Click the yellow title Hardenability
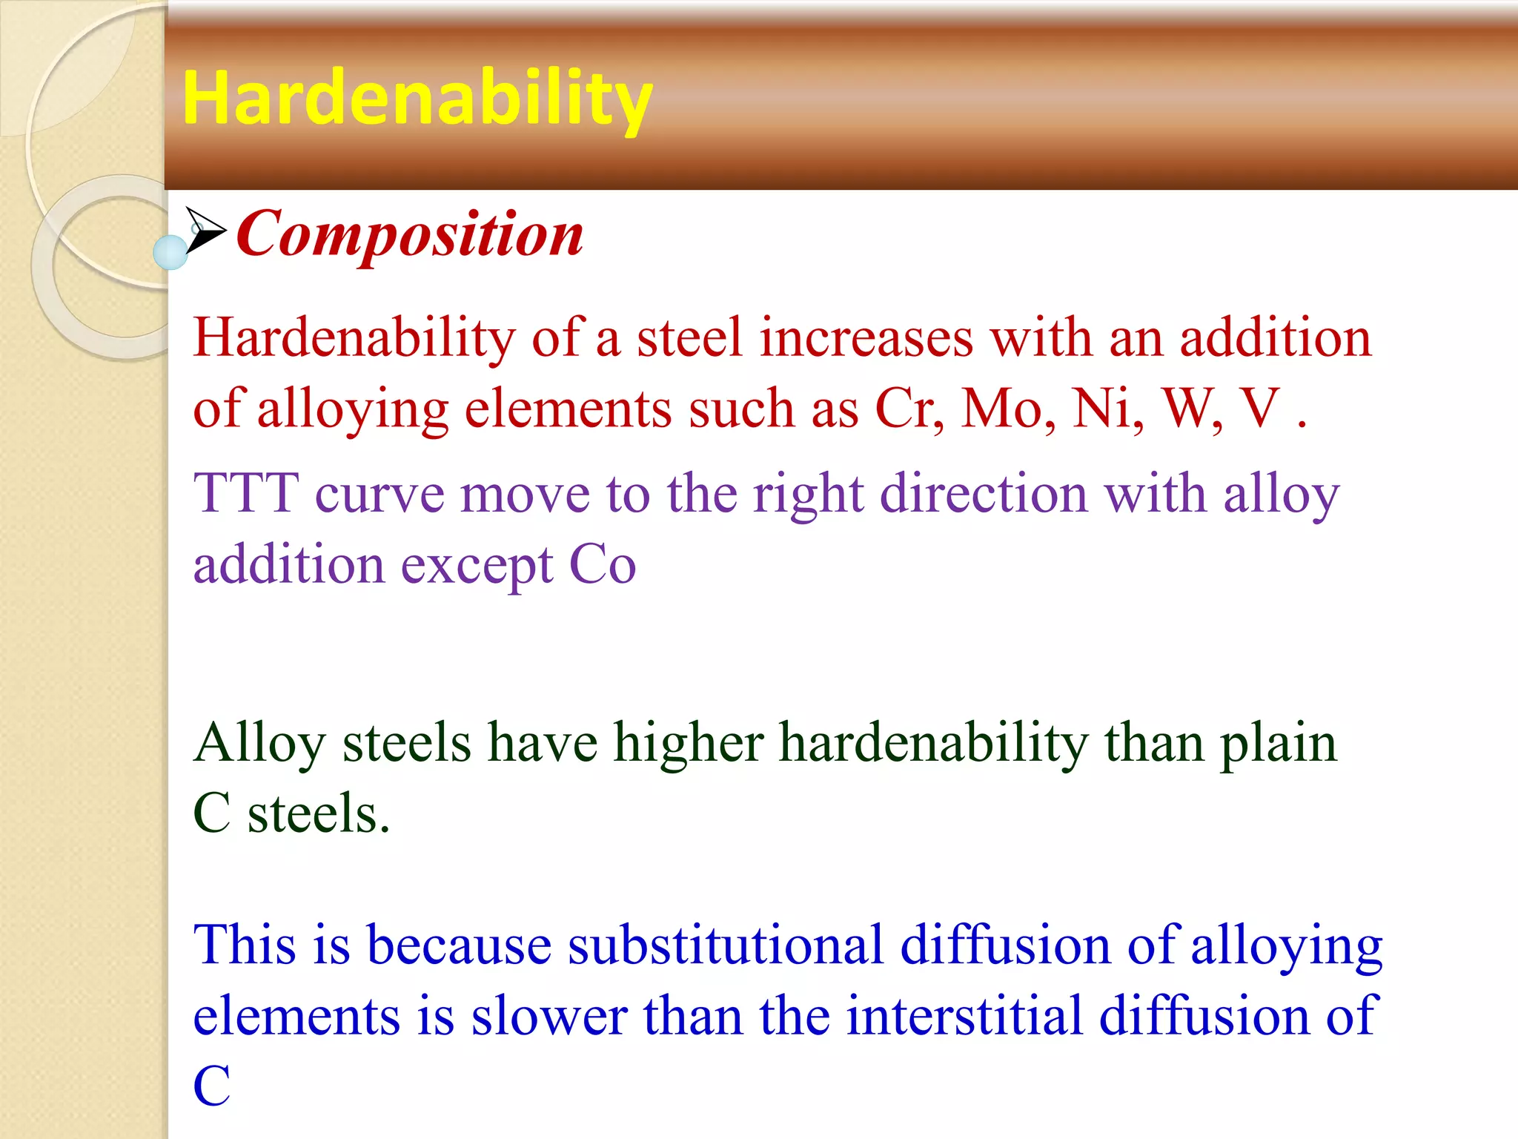417,98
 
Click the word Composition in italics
410,234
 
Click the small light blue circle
170,252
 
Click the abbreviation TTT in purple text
246,493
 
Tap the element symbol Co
602,566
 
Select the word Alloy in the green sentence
259,744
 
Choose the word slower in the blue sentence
549,1016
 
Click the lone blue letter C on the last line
212,1086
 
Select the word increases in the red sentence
866,338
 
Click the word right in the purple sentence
808,495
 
